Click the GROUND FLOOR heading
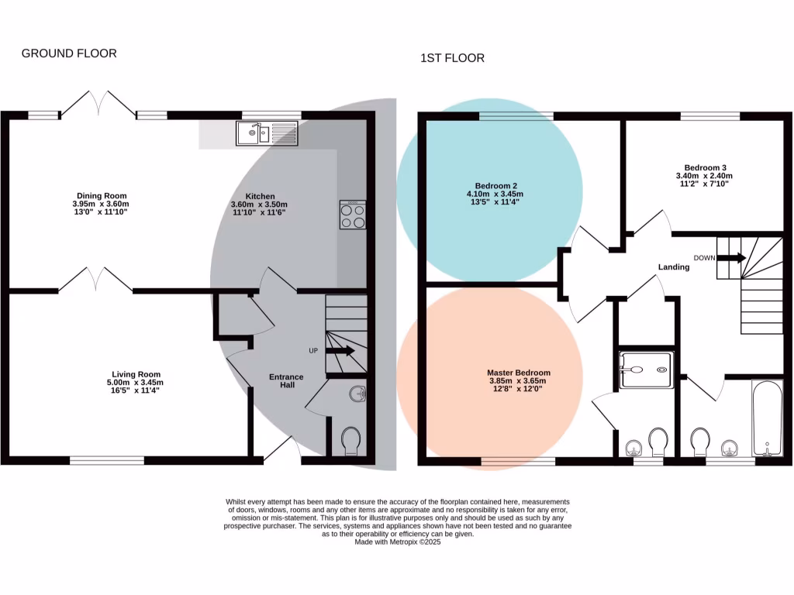tap(69, 53)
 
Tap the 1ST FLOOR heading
tap(452, 58)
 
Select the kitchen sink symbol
tap(268, 134)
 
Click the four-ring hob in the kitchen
tap(353, 215)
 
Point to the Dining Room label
tap(102, 195)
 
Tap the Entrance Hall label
tap(286, 381)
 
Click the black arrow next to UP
tap(340, 350)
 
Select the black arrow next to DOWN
tap(731, 258)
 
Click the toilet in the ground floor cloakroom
tap(350, 442)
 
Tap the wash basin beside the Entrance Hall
tap(357, 394)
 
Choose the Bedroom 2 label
tap(496, 186)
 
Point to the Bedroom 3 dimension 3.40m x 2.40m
tap(705, 176)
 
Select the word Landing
tap(673, 267)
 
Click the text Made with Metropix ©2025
tap(397, 542)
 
